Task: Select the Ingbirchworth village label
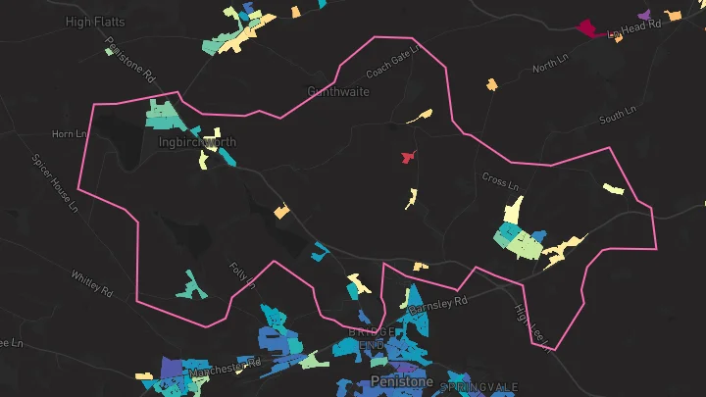pos(197,142)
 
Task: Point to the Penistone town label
pos(401,380)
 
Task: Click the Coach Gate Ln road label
pos(393,61)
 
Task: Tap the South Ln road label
pos(618,118)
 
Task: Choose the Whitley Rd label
pos(92,283)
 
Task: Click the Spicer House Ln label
pos(54,181)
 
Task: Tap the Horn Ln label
pos(69,133)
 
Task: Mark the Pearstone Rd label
pos(130,60)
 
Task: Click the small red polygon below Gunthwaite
pos(407,157)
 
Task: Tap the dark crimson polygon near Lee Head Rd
pos(588,27)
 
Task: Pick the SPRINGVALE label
pos(479,388)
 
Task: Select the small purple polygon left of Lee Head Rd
pos(644,15)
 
